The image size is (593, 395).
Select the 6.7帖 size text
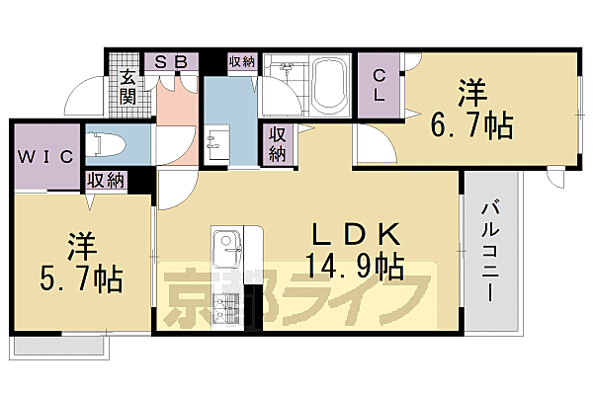(x=470, y=125)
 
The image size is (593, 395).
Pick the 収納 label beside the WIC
(x=105, y=180)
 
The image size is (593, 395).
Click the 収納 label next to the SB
(x=241, y=61)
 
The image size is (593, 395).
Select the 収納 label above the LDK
(x=277, y=144)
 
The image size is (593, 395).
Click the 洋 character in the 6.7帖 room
(x=469, y=94)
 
